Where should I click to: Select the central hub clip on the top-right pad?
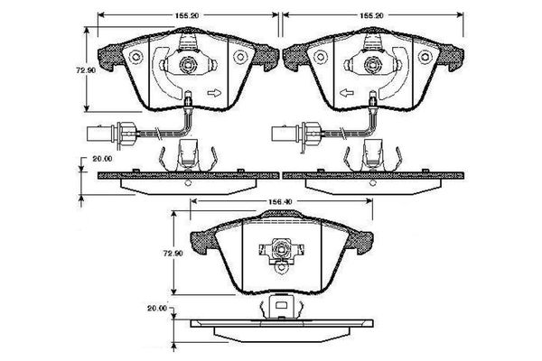[x=372, y=65]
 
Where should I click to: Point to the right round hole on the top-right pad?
[x=427, y=57]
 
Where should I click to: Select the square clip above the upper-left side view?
[x=188, y=155]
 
